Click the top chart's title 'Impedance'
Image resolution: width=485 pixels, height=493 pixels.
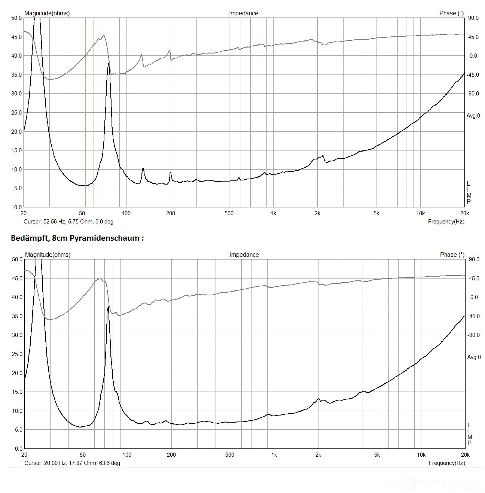[243, 13]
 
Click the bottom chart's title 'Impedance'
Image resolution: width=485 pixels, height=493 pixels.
[244, 255]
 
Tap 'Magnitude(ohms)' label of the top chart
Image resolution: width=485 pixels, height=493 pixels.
[47, 13]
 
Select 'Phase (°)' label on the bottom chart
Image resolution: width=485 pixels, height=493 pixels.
[452, 255]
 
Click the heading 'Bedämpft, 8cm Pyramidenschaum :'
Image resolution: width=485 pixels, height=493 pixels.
[77, 238]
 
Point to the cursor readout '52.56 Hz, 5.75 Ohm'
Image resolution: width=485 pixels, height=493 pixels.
[68, 222]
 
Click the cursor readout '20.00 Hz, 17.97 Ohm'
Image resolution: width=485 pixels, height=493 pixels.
[72, 463]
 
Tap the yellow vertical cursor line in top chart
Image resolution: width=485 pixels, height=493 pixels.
[86, 112]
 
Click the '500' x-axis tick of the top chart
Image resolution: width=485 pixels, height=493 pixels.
[229, 214]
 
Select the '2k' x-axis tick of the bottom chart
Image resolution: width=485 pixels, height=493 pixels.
[318, 455]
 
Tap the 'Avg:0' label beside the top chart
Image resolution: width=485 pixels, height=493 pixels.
[473, 116]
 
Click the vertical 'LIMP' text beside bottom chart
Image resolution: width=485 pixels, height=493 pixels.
[469, 434]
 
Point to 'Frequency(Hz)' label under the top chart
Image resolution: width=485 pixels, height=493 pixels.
[446, 222]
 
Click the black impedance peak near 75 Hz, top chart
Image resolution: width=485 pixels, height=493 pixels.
[109, 64]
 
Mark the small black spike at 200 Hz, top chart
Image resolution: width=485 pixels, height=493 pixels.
[170, 173]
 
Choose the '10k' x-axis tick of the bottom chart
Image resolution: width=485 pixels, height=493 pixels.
[421, 455]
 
